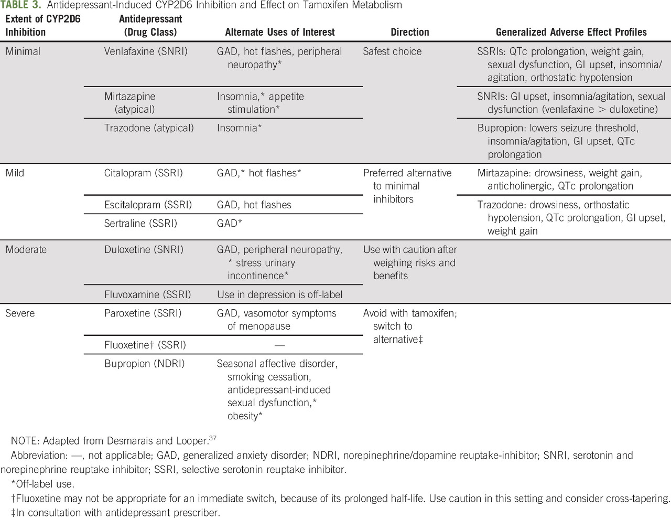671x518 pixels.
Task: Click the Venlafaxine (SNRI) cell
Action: coord(146,51)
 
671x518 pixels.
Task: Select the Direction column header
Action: coord(409,32)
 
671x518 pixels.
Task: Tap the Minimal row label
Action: coord(23,51)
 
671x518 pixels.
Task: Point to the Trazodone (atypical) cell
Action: coord(149,128)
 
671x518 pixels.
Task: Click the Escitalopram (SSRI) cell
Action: coord(148,205)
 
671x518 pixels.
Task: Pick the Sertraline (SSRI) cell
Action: coord(140,223)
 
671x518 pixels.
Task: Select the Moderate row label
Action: coord(26,249)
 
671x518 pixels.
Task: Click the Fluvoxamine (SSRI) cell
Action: coord(147,294)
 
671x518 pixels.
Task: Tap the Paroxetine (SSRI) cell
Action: coord(143,313)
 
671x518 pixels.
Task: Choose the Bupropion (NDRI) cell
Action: coord(144,363)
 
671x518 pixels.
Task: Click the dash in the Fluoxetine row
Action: coord(279,345)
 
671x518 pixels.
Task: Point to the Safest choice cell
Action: coord(392,51)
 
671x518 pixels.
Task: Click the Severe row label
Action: coord(20,313)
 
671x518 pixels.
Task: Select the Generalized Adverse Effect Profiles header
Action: coord(571,32)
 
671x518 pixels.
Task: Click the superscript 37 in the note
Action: coord(213,438)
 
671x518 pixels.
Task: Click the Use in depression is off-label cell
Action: coord(279,294)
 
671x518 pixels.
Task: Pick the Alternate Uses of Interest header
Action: coord(279,32)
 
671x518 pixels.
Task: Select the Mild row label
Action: coord(15,173)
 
